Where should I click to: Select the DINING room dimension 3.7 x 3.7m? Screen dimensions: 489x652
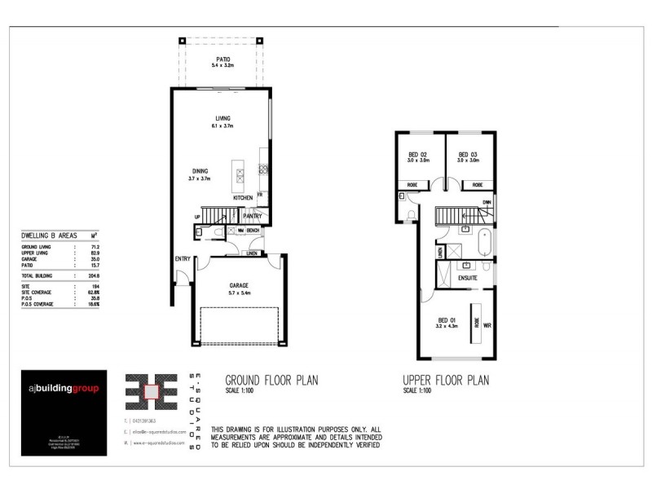(200, 178)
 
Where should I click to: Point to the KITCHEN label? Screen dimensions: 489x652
(243, 198)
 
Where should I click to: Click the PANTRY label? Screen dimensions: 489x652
(252, 216)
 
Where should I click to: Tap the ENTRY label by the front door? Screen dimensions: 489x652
(182, 259)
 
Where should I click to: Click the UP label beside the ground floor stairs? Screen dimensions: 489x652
(197, 217)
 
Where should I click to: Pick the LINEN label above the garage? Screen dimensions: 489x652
(251, 253)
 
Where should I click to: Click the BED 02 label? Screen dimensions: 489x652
(417, 154)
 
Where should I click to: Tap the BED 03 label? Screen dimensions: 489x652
(468, 154)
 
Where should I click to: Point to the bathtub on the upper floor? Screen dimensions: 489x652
(485, 243)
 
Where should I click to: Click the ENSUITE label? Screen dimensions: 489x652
(467, 278)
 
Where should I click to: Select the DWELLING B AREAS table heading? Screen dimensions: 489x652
(49, 234)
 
